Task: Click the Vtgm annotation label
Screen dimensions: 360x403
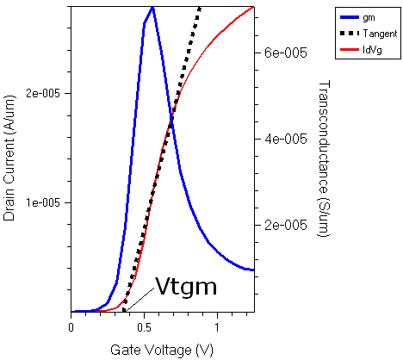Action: click(186, 287)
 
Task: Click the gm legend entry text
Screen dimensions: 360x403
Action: click(369, 18)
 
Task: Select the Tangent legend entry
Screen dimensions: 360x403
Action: click(379, 34)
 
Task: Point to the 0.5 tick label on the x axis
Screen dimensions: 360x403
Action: click(144, 327)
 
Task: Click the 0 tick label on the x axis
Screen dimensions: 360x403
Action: click(71, 327)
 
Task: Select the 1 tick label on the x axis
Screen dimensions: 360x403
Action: click(217, 327)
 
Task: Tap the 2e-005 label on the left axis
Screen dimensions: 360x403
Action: click(45, 93)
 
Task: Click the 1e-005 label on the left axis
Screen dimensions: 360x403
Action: click(45, 202)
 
